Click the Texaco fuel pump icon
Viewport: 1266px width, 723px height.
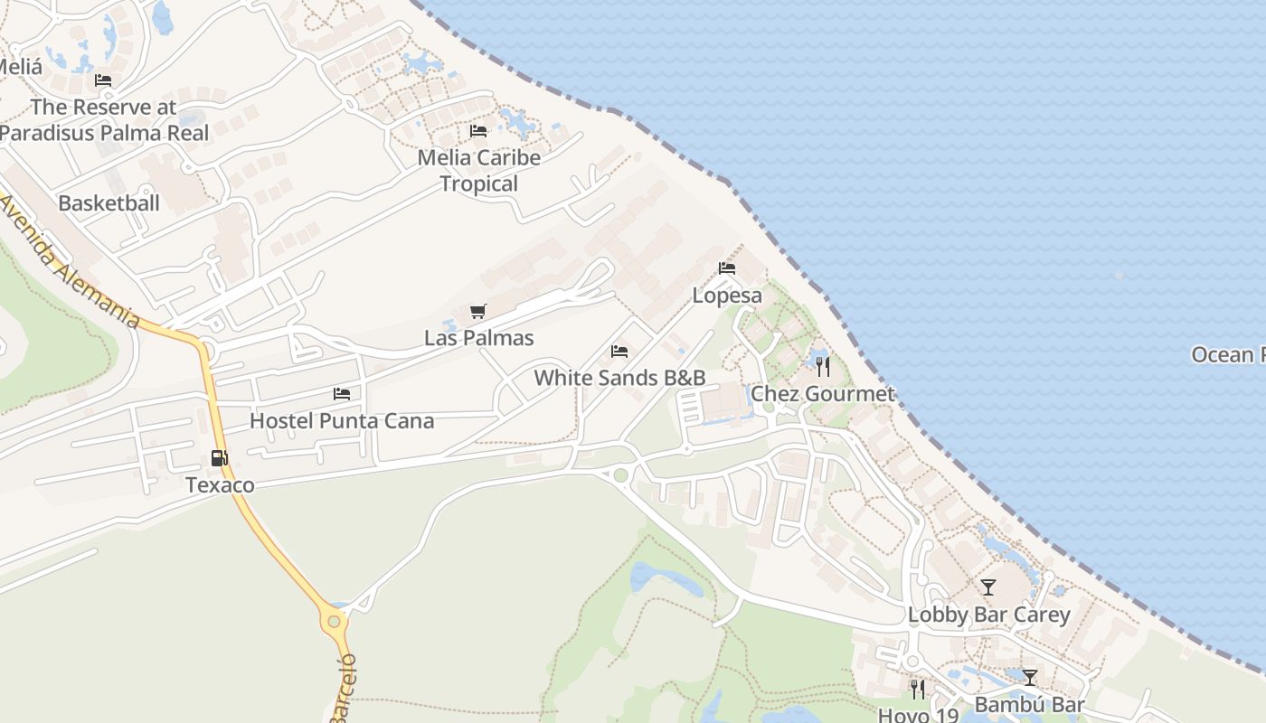coord(219,458)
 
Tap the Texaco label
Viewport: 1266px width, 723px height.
coord(220,485)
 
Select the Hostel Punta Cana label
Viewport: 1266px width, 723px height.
coord(342,420)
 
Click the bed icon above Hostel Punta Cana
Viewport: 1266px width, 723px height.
coord(342,394)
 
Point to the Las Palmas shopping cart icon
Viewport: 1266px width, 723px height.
coord(478,312)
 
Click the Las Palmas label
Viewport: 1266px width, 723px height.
coord(479,338)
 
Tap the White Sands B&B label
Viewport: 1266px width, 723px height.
coord(619,377)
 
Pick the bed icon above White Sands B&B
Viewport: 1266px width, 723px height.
coord(619,352)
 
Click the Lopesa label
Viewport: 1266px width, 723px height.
coord(727,296)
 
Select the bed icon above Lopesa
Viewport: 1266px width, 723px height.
coord(727,268)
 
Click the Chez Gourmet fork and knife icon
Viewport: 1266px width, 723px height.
coord(823,366)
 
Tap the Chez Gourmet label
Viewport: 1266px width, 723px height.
coord(823,393)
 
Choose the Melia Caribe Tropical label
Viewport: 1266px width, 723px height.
coord(479,170)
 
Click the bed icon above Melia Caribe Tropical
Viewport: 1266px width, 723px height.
coord(478,131)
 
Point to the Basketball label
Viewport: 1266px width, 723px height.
coord(109,202)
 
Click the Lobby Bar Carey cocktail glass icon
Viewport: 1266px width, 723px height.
coord(988,587)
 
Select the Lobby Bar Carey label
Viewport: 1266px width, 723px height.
coord(988,615)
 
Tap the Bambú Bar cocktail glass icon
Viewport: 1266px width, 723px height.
coord(1029,677)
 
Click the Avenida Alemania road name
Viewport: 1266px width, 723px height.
coord(71,262)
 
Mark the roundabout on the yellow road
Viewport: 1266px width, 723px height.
coord(335,621)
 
